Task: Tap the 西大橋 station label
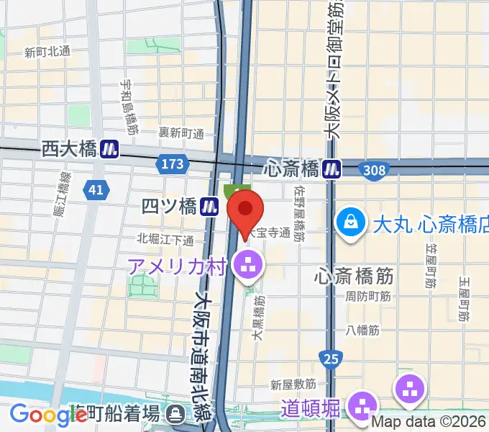[69, 149]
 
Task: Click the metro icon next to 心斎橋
[332, 168]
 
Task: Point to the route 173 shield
[172, 165]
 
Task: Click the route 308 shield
[375, 169]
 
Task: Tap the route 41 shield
[96, 189]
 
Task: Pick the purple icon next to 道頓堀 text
[362, 406]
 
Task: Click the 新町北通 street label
[47, 52]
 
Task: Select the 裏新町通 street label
[182, 133]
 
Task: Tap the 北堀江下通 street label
[165, 239]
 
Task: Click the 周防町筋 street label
[367, 296]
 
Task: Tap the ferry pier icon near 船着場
[175, 414]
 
